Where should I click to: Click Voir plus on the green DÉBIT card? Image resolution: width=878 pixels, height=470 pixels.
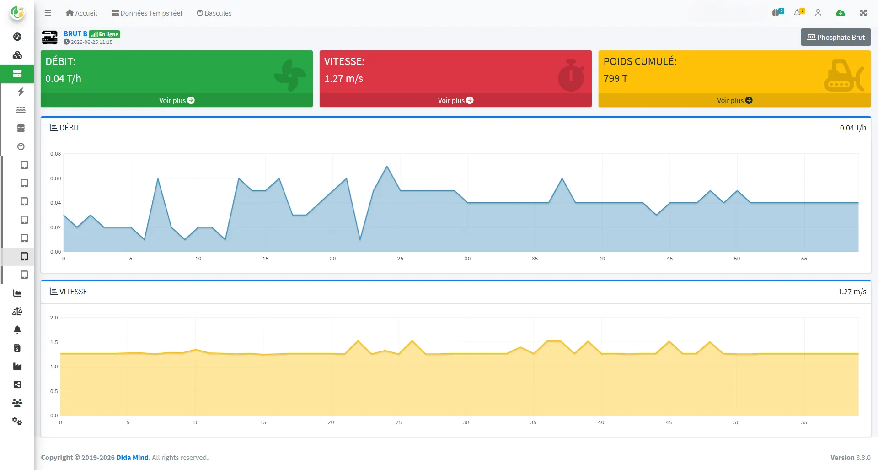[177, 100]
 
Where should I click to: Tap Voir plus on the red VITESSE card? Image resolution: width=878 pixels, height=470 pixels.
[455, 100]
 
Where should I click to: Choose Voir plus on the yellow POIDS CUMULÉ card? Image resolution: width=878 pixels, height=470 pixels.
[734, 100]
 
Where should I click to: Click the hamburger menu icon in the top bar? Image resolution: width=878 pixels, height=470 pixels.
[48, 13]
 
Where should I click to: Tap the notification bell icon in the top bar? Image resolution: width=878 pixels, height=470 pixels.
[798, 13]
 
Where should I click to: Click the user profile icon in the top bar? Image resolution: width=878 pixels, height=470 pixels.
[818, 13]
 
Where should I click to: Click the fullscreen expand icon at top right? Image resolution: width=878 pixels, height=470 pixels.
[863, 13]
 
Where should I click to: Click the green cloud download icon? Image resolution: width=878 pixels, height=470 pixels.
[841, 13]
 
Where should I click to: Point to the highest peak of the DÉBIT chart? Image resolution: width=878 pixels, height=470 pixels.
[387, 166]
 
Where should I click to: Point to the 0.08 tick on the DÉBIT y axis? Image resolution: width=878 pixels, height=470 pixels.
[55, 154]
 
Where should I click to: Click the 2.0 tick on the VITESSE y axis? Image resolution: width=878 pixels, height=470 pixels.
[54, 318]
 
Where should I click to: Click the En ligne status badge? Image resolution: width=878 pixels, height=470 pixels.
[105, 34]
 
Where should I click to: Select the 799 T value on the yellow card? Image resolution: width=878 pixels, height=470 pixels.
[616, 78]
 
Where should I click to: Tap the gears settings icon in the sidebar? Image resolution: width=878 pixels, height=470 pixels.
[17, 421]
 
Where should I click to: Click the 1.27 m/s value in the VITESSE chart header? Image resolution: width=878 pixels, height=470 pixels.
[852, 292]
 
